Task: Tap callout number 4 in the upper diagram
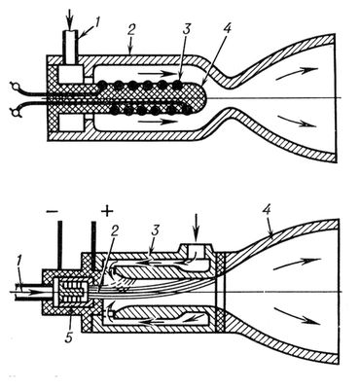[228, 30]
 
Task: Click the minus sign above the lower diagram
[53, 211]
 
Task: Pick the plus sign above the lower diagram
[107, 212]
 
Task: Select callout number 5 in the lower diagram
[70, 336]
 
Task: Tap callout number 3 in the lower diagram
[155, 230]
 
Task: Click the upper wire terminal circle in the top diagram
[15, 86]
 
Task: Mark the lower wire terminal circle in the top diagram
[15, 111]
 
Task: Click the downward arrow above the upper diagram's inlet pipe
[70, 17]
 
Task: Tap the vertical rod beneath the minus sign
[59, 245]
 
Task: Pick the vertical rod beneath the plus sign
[93, 245]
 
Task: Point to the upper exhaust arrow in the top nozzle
[297, 73]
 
